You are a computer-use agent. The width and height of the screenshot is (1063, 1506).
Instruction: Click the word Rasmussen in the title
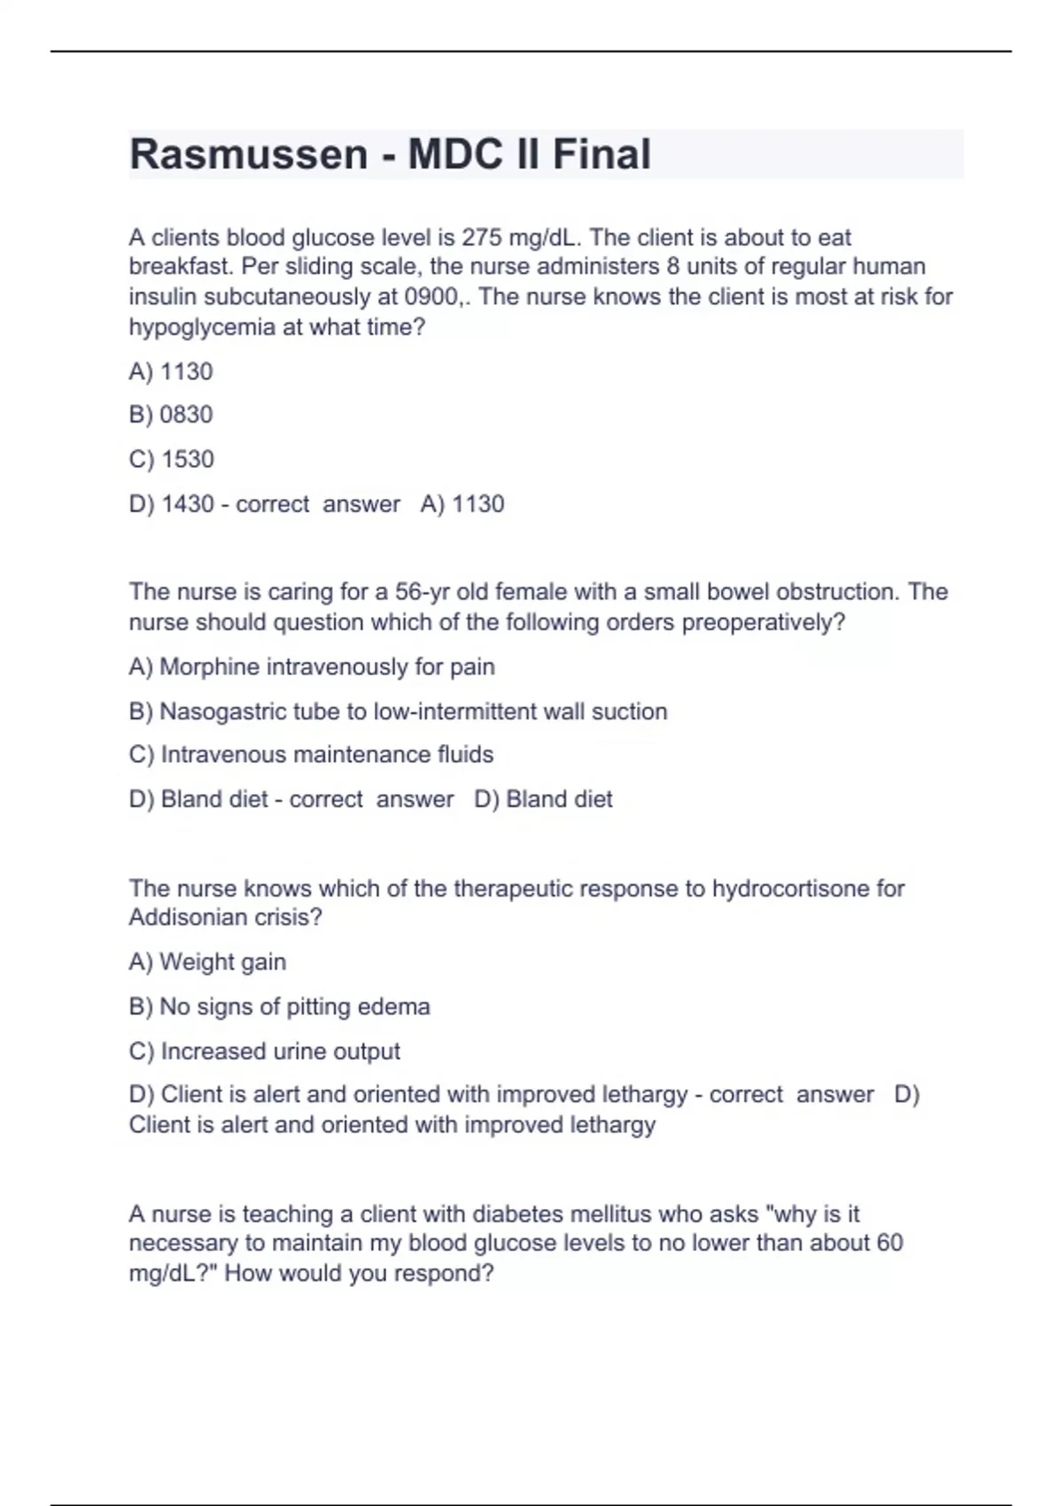coord(248,154)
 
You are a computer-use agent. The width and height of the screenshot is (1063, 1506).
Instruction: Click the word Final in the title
coord(601,154)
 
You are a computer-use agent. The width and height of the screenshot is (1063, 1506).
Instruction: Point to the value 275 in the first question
coord(482,237)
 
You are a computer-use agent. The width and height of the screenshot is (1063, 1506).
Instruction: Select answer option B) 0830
coord(171,415)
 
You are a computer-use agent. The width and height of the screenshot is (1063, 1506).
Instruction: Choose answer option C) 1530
coord(172,459)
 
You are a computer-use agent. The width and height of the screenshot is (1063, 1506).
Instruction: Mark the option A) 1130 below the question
coord(171,371)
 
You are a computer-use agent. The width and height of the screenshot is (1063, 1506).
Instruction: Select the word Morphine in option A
coord(209,666)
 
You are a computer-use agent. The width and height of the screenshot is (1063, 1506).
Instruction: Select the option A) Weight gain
coord(207,962)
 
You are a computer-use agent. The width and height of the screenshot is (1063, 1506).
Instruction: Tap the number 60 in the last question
coord(889,1243)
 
